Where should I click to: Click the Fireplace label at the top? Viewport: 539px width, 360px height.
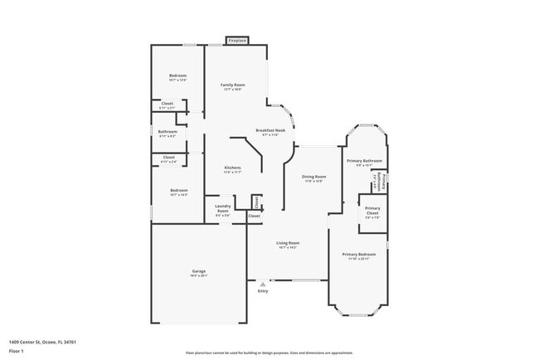pyautogui.click(x=237, y=40)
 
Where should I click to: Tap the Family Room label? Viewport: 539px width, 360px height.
pyautogui.click(x=232, y=85)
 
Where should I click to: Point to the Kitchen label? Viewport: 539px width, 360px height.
pyautogui.click(x=232, y=168)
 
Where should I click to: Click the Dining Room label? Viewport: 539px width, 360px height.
pyautogui.click(x=313, y=177)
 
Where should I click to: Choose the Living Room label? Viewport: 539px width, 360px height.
pyautogui.click(x=288, y=243)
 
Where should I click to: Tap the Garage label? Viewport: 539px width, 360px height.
pyautogui.click(x=199, y=271)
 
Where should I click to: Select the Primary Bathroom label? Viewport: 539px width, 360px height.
pyautogui.click(x=364, y=160)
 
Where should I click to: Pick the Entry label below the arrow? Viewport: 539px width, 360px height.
pyautogui.click(x=263, y=291)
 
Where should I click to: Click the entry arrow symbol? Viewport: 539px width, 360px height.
pyautogui.click(x=263, y=284)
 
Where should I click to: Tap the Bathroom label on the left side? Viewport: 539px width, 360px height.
pyautogui.click(x=168, y=131)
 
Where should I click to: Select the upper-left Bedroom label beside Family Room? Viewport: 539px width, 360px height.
pyautogui.click(x=178, y=75)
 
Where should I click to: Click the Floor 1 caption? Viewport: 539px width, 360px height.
pyautogui.click(x=16, y=351)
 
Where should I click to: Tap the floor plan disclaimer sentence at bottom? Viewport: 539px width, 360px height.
pyautogui.click(x=269, y=352)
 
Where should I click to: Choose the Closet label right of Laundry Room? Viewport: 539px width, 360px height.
pyautogui.click(x=254, y=216)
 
